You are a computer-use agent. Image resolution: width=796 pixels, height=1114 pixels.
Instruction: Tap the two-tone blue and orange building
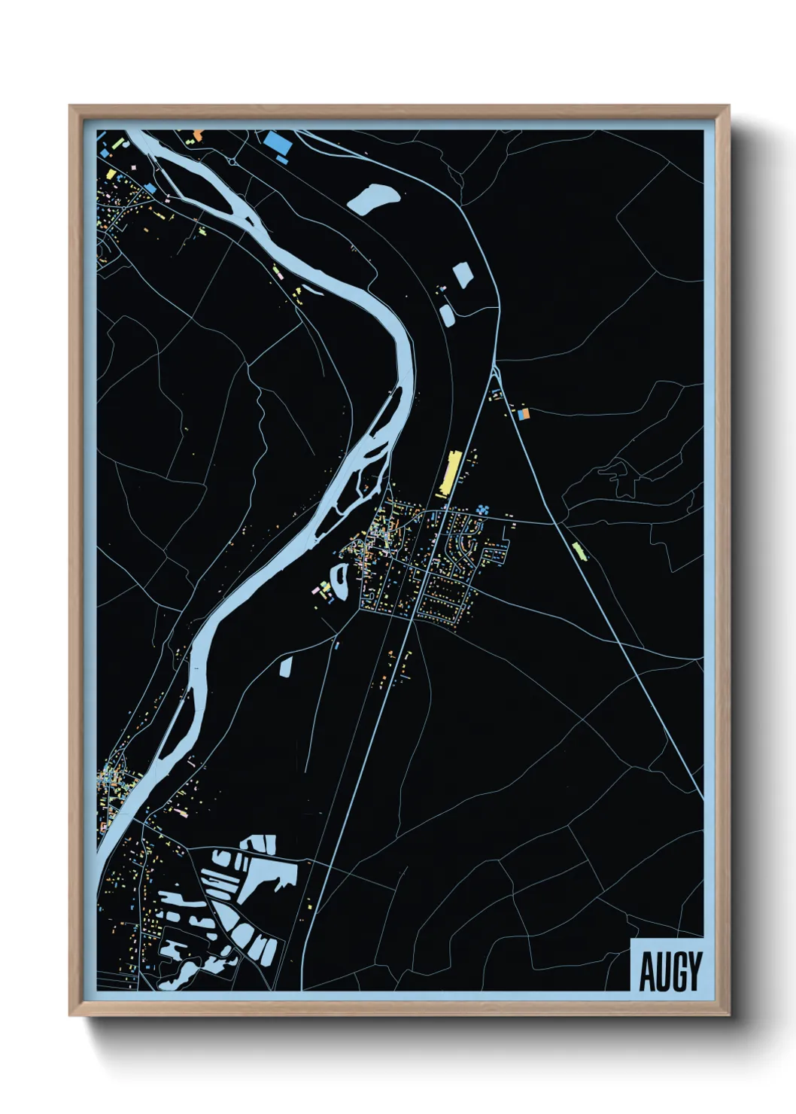(524, 413)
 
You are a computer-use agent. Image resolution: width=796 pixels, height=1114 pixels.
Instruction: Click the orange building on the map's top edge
(198, 134)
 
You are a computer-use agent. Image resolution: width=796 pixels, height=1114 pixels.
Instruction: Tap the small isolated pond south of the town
(286, 667)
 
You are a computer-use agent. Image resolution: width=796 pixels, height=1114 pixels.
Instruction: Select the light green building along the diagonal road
(578, 550)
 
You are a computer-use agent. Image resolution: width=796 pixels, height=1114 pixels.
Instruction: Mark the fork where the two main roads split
(494, 369)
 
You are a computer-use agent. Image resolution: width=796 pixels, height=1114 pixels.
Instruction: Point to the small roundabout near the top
(232, 161)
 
